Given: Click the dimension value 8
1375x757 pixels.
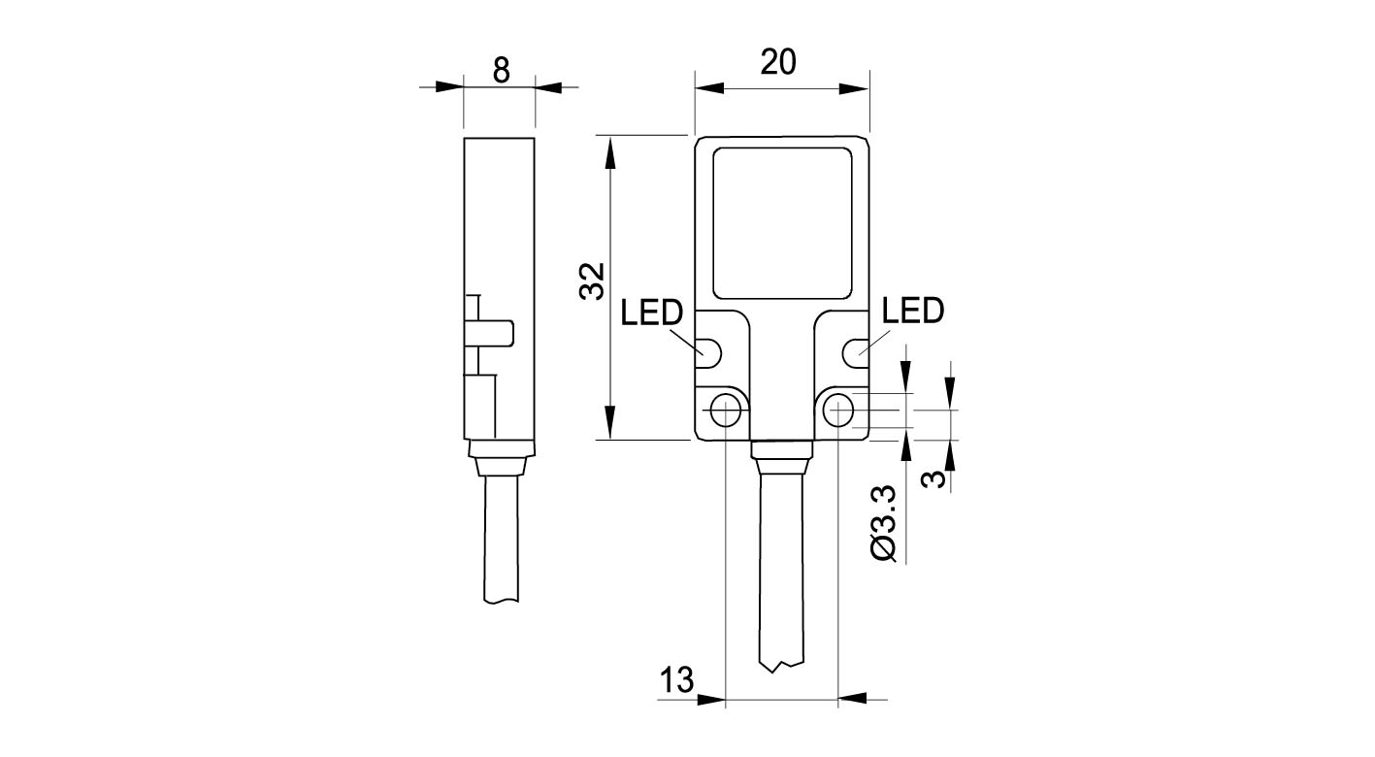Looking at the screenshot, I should pos(500,70).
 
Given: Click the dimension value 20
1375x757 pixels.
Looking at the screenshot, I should pos(778,61).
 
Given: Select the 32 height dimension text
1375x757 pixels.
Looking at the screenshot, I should pos(592,281).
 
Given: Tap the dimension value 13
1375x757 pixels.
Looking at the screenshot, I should pos(678,680).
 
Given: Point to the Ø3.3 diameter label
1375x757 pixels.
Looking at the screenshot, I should pos(886,524).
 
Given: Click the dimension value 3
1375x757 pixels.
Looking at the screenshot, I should pos(931,479).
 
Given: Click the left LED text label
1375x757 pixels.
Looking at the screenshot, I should pos(652,313).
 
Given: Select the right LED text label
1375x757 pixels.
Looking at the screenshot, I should pos(913,312).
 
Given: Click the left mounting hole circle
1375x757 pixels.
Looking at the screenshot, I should pos(725,411).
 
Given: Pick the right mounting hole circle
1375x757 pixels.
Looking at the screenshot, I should pos(838,411).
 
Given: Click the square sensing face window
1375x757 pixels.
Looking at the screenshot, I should pos(782,222).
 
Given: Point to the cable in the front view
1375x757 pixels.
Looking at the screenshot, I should pos(781,573).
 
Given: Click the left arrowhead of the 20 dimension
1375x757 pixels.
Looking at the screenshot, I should pos(709,88).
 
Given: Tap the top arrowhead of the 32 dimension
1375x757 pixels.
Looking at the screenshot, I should pos(610,150).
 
